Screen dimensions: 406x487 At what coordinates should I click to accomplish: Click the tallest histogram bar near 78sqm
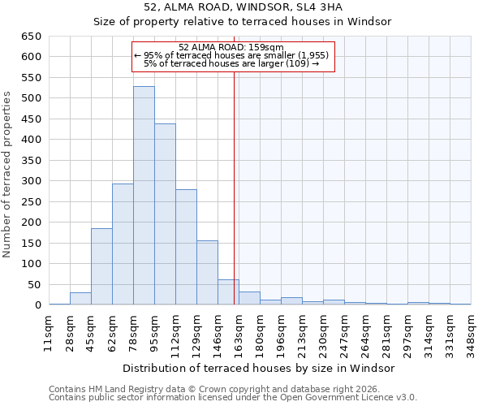click(144, 196)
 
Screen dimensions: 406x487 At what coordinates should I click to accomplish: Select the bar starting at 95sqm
click(165, 214)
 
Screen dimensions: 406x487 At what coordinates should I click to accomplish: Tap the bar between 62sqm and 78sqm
click(123, 244)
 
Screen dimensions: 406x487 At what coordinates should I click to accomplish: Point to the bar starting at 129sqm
click(207, 273)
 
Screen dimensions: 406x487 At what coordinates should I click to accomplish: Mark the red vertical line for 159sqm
click(235, 179)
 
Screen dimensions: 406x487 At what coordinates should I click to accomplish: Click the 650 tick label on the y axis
click(32, 37)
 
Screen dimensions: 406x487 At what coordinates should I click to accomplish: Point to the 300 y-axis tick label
click(32, 181)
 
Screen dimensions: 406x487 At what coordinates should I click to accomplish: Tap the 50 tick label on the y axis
click(35, 284)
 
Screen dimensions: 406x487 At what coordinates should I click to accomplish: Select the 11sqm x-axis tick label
click(49, 332)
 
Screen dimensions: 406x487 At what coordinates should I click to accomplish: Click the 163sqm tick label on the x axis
click(239, 332)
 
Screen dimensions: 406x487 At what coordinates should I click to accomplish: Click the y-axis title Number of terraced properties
click(8, 174)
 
